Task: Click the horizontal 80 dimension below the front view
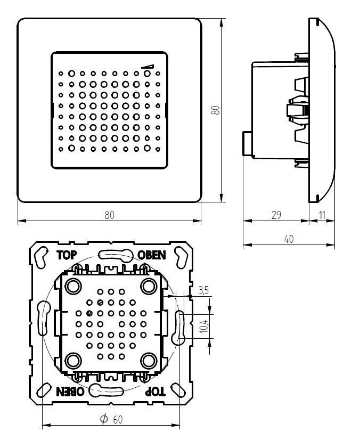[109, 215]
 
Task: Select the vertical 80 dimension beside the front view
[215, 110]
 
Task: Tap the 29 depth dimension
[276, 215]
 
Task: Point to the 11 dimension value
[323, 215]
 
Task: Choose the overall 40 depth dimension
[289, 239]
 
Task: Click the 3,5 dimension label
[203, 290]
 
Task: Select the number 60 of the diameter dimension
[118, 420]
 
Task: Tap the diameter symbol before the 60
[104, 419]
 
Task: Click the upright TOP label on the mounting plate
[67, 255]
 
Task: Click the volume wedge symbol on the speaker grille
[148, 67]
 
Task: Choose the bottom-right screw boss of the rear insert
[148, 361]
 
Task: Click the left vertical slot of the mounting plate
[43, 319]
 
